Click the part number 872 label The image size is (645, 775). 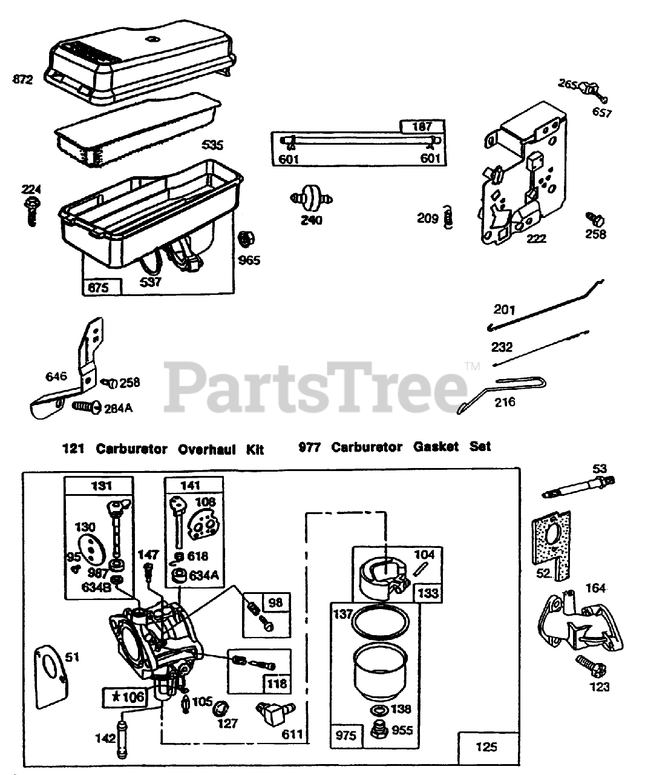[22, 79]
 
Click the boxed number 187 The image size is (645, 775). [422, 127]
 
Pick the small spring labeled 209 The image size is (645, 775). [448, 217]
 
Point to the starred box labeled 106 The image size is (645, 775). [125, 697]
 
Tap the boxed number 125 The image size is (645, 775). [487, 747]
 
